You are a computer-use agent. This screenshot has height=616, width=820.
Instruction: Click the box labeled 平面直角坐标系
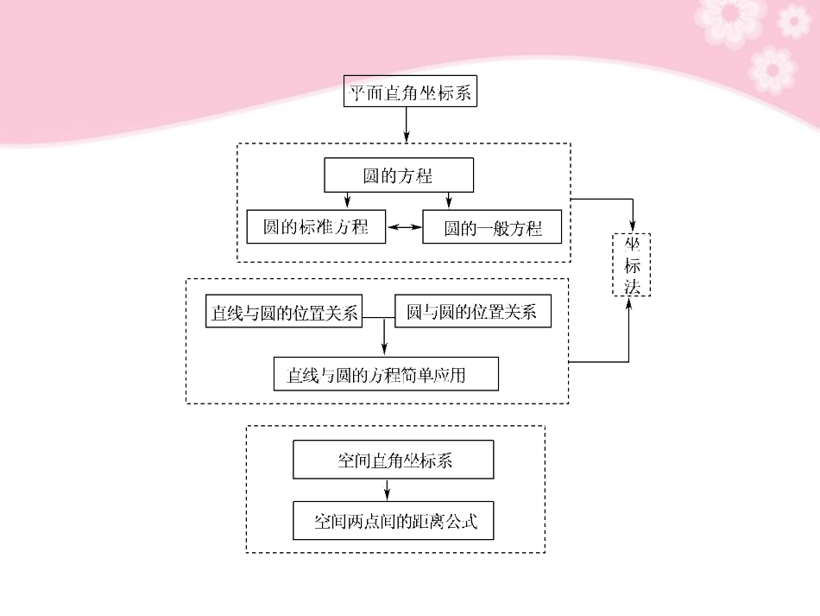[x=410, y=92]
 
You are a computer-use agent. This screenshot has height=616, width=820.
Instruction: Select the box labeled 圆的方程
[x=398, y=175]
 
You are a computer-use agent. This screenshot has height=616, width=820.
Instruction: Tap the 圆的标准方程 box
[x=316, y=227]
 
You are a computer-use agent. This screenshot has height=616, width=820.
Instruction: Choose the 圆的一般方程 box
[x=492, y=228]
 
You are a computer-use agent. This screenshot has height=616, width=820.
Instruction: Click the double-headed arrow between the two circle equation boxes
[x=404, y=227]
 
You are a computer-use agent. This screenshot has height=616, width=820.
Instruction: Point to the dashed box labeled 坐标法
[x=632, y=264]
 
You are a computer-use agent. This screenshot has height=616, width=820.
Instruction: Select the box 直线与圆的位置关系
[x=285, y=312]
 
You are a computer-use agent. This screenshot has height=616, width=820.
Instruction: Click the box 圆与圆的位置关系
[x=471, y=312]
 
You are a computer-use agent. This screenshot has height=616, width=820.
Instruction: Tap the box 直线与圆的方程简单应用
[x=385, y=375]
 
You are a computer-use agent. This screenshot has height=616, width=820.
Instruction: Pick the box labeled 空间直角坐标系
[x=394, y=460]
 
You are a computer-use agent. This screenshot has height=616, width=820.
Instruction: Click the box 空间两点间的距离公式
[x=394, y=522]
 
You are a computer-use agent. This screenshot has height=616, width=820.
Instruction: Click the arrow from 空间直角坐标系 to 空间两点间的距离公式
[x=387, y=490]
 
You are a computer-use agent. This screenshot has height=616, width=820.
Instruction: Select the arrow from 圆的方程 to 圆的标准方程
[x=347, y=200]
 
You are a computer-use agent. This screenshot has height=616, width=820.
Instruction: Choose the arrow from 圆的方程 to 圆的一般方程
[x=449, y=200]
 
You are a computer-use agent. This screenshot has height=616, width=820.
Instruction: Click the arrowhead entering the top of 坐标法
[x=634, y=226]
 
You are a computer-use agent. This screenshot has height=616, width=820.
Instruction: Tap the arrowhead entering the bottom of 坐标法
[x=628, y=304]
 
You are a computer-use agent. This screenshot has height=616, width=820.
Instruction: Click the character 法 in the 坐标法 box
[x=632, y=286]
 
